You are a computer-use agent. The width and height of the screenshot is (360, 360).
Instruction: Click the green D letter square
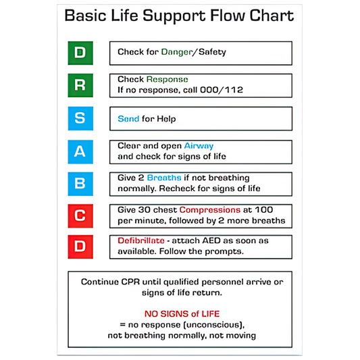pos(80,53)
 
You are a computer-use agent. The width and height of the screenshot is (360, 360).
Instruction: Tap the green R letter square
pos(80,85)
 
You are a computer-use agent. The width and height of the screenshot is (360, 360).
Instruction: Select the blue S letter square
pos(80,118)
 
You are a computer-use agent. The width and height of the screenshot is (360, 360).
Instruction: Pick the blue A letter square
pos(80,151)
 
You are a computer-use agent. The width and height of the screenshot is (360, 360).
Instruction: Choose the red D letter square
pos(80,247)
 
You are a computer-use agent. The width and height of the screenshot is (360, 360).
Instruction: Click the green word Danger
pos(177,52)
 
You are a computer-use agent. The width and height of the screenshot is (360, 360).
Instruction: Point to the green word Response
pos(167,79)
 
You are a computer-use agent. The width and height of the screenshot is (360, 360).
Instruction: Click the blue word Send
pos(128,119)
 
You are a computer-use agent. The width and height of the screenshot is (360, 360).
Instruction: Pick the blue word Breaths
pos(164,178)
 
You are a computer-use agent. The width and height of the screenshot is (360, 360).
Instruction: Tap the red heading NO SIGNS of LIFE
pos(182,313)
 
